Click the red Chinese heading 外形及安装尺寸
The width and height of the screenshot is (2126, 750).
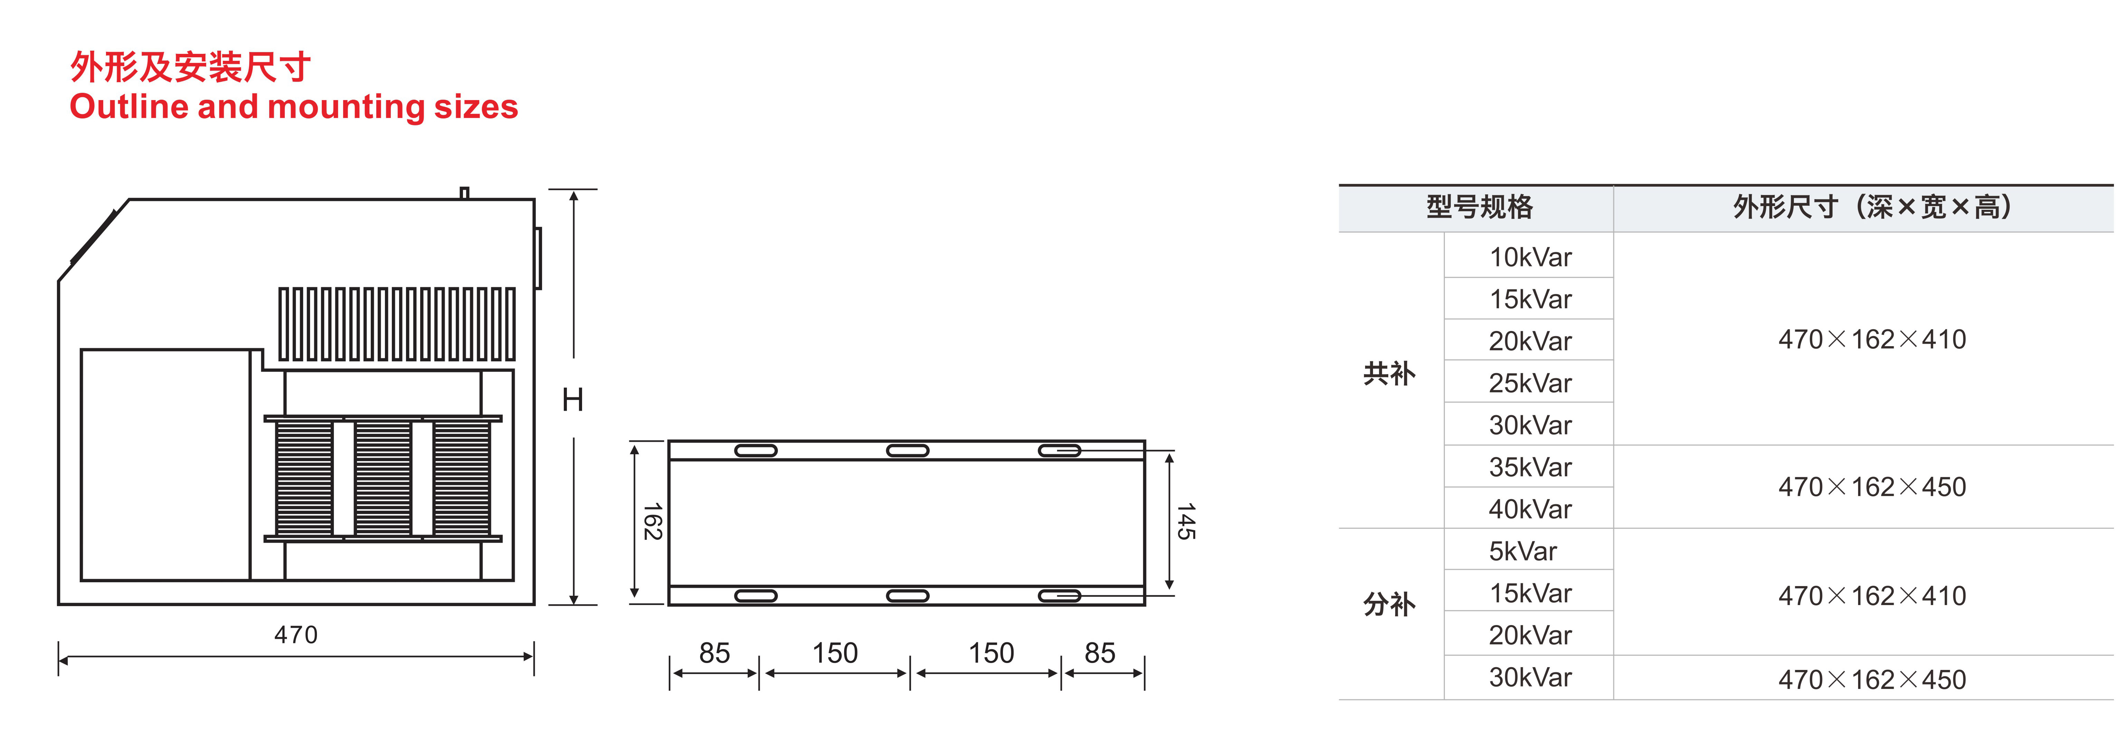[x=190, y=67]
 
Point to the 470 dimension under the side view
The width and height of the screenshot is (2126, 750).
[x=296, y=634]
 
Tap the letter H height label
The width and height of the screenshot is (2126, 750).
[x=573, y=400]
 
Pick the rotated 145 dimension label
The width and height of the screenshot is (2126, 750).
[x=1186, y=522]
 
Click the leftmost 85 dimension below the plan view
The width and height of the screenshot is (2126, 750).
[x=715, y=653]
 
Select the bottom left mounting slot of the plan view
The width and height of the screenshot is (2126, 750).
[x=756, y=596]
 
